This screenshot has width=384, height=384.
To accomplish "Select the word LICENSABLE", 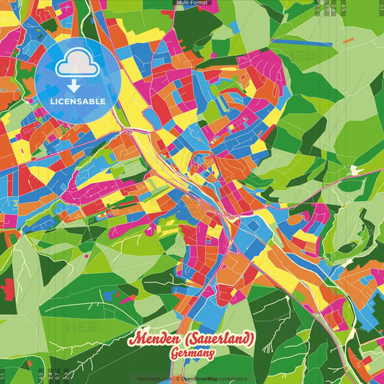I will (78, 100).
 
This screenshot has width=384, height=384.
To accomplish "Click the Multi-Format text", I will (192, 4).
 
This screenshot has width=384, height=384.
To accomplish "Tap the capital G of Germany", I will (174, 354).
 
